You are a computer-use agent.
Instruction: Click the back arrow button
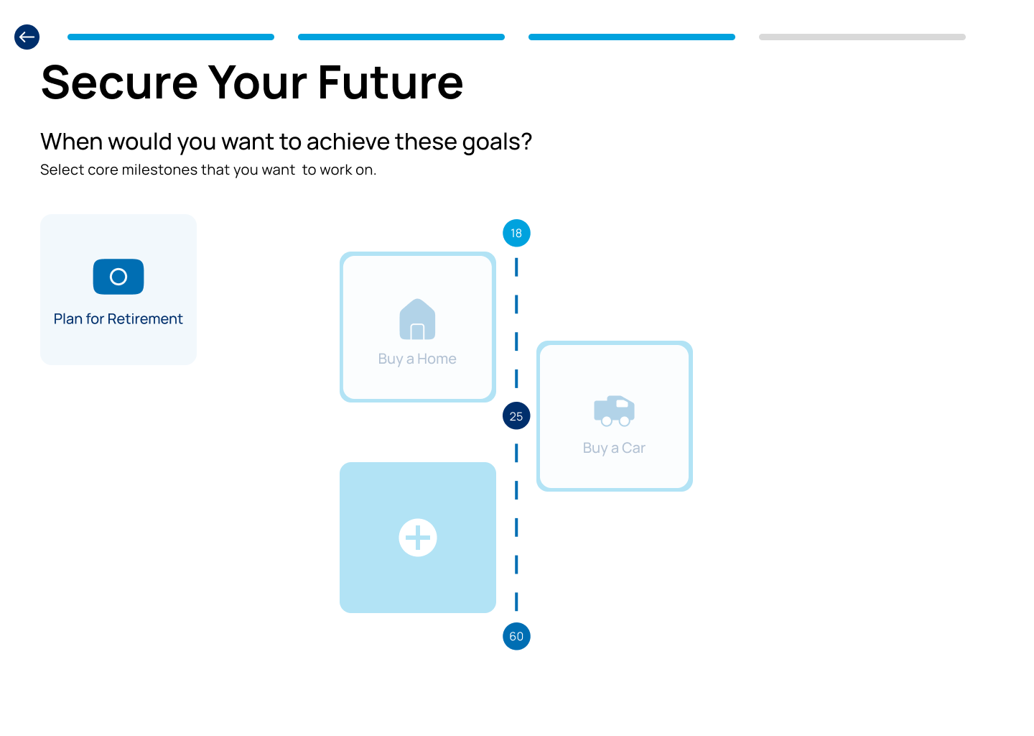(x=27, y=37)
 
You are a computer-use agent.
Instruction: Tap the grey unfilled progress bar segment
(x=862, y=37)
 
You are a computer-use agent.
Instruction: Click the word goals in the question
(x=496, y=142)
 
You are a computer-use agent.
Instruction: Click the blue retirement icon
(x=118, y=277)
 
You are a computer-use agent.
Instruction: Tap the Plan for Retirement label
(x=118, y=319)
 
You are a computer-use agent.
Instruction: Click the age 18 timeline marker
(x=516, y=233)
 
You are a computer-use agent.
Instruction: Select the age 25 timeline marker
(x=516, y=416)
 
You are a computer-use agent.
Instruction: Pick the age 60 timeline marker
(x=516, y=636)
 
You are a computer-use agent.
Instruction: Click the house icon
(x=417, y=319)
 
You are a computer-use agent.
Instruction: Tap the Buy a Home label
(x=417, y=359)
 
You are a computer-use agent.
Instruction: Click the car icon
(x=614, y=410)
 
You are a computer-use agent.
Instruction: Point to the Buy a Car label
(x=614, y=448)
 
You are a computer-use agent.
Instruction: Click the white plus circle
(x=418, y=538)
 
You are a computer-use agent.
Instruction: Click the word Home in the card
(x=437, y=359)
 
